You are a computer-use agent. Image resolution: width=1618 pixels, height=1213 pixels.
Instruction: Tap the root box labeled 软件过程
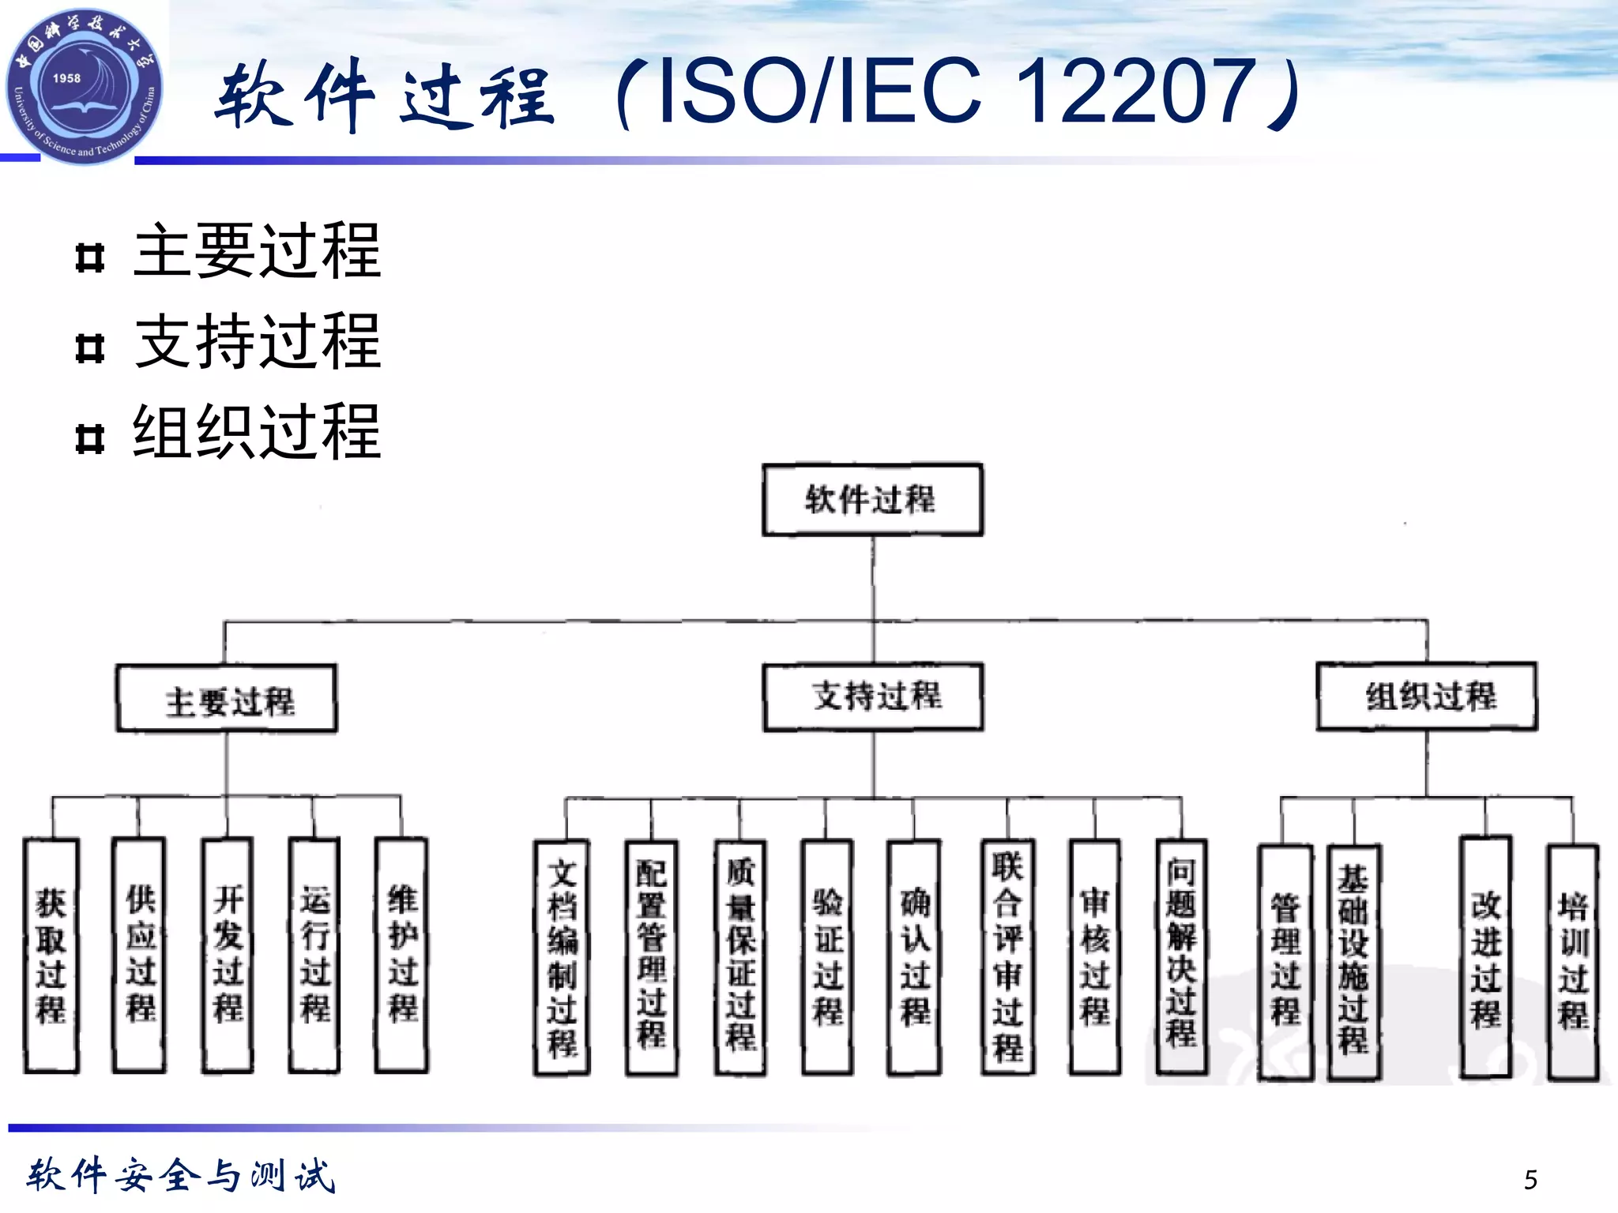pos(872,500)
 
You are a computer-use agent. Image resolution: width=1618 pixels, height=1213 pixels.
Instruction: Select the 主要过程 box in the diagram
pos(227,700)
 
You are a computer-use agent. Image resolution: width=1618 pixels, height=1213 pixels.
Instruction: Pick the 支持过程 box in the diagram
pos(874,697)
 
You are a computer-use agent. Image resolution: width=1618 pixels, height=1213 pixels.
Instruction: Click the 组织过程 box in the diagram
pos(1427,697)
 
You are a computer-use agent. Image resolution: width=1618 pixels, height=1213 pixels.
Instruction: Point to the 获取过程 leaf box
pos(51,956)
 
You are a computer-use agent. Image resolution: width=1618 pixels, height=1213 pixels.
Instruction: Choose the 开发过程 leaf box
pos(228,956)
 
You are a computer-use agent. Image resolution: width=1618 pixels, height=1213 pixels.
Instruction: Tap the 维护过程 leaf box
pos(402,956)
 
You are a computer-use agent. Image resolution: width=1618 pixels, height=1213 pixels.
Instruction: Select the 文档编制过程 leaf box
pos(562,957)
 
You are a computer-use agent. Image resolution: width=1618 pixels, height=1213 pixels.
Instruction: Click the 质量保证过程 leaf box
pos(740,957)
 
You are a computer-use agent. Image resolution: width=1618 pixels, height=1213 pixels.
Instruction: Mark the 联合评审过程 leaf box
pos(1008,957)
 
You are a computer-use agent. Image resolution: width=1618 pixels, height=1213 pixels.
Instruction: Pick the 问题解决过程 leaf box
pos(1182,957)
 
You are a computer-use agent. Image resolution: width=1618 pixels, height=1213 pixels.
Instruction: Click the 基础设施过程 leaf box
pos(1354,962)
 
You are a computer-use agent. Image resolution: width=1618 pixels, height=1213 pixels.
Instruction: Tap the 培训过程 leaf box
pos(1573,962)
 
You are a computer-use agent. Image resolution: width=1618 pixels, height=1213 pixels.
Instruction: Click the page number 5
pos(1530,1180)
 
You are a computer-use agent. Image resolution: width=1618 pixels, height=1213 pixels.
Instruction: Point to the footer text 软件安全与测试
pos(182,1176)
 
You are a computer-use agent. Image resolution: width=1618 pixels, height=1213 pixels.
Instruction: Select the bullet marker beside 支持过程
pos(90,347)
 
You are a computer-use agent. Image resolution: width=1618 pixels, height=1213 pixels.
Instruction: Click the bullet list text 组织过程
pos(258,432)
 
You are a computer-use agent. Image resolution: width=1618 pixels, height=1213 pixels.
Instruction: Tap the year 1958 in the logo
pos(66,78)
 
